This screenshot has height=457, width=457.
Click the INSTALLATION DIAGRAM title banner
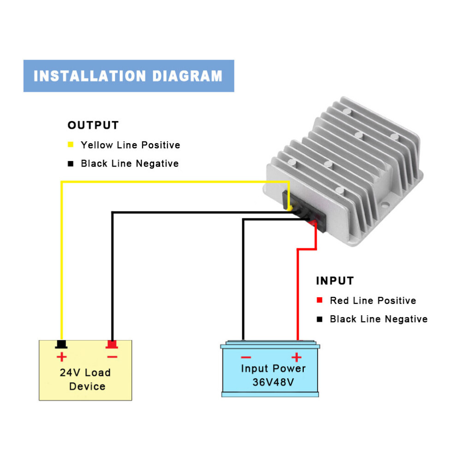(128, 76)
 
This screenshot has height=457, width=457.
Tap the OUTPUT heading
(93, 125)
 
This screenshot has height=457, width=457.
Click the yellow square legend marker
(71, 144)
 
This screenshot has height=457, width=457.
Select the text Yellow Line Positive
(131, 145)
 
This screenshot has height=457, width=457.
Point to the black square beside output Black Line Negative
(71, 163)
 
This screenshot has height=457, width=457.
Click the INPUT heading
(335, 281)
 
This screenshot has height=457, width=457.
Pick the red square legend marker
(319, 300)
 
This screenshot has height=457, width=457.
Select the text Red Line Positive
(373, 301)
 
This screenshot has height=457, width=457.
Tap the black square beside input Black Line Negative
(319, 319)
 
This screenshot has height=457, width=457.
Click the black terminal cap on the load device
(61, 344)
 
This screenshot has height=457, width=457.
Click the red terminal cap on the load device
(112, 344)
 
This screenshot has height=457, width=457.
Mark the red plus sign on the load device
(61, 357)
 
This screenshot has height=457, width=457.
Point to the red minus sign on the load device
(112, 357)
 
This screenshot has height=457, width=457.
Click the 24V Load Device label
(85, 379)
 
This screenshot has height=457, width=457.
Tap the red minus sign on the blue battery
(246, 357)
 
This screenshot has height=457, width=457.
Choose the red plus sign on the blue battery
(296, 357)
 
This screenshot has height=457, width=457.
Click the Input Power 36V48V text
(273, 375)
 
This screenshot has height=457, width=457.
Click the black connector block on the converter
(304, 211)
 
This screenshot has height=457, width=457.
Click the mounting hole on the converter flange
(385, 204)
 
